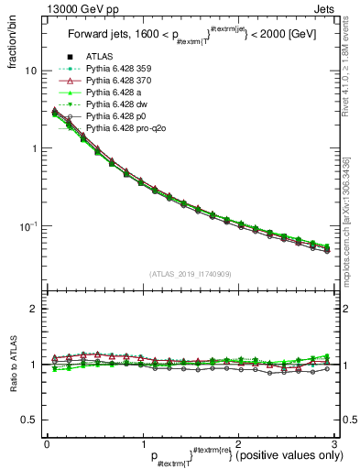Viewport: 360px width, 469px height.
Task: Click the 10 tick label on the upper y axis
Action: [30, 71]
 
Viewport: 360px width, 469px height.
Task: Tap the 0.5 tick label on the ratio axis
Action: [28, 420]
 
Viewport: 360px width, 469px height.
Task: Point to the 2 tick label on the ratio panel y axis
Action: [33, 310]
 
